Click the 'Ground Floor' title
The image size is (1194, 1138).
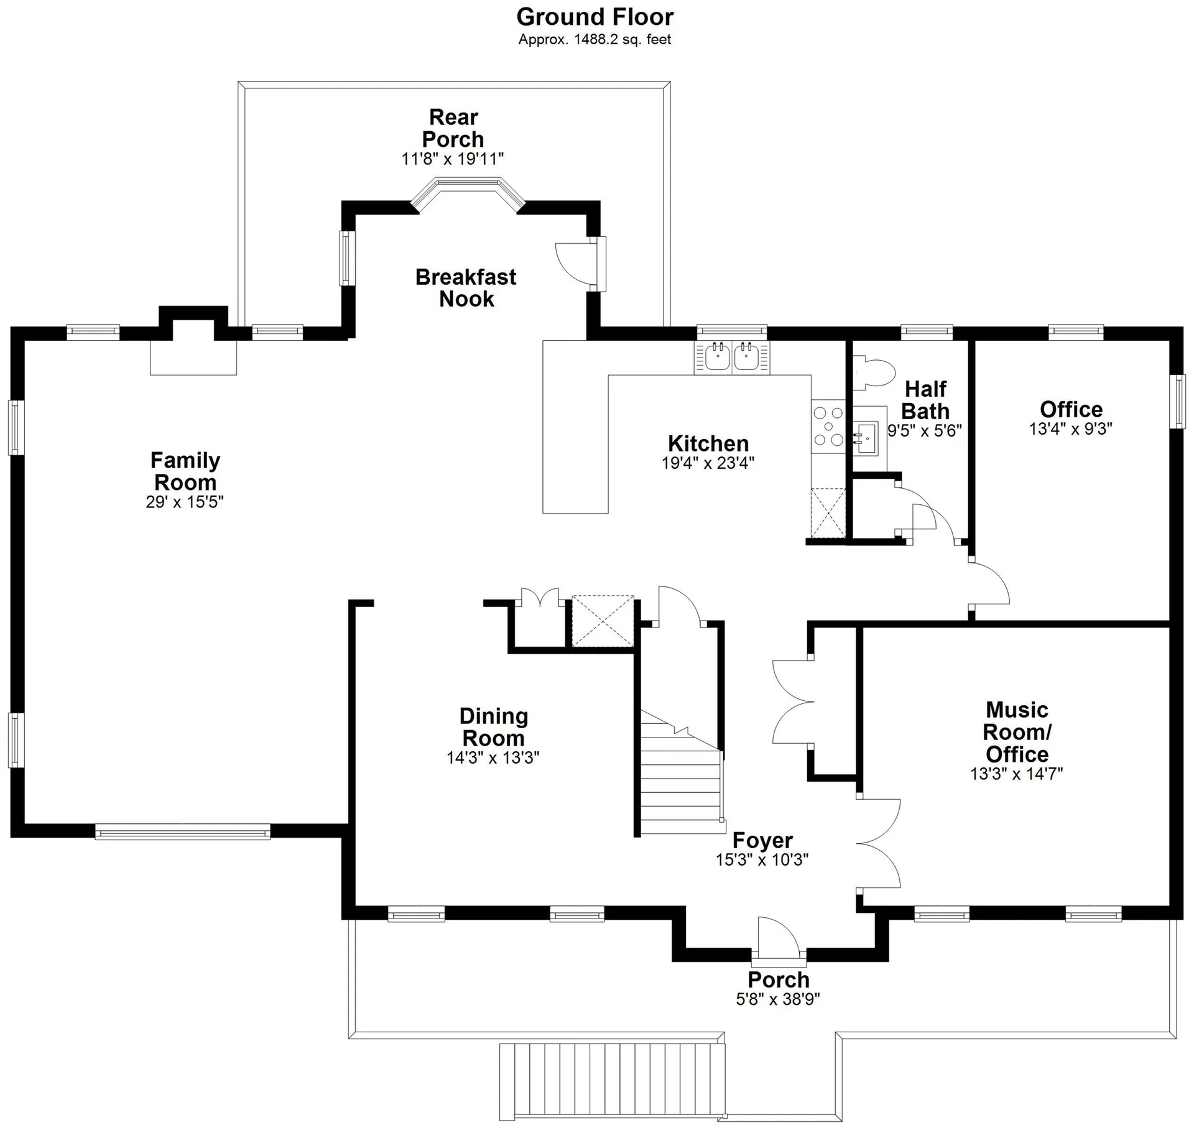pyautogui.click(x=595, y=17)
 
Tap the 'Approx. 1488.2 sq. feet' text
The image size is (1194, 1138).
pyautogui.click(x=595, y=40)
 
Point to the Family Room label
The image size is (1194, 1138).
pyautogui.click(x=185, y=471)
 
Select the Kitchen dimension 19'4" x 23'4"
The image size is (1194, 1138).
pyautogui.click(x=708, y=463)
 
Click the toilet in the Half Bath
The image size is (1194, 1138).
pyautogui.click(x=874, y=372)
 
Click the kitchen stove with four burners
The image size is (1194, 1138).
pyautogui.click(x=828, y=427)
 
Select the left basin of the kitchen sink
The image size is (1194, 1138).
pyautogui.click(x=717, y=358)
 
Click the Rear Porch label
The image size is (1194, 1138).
pyautogui.click(x=453, y=128)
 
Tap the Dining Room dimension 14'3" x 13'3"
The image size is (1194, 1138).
pyautogui.click(x=493, y=758)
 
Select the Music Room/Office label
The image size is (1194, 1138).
pyautogui.click(x=1017, y=732)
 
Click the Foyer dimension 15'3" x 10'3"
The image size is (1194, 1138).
pyautogui.click(x=762, y=860)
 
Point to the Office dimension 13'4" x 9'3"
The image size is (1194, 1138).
pyautogui.click(x=1071, y=429)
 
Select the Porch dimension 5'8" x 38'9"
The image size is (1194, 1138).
pyautogui.click(x=778, y=999)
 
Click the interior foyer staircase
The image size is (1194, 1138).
pyautogui.click(x=682, y=774)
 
